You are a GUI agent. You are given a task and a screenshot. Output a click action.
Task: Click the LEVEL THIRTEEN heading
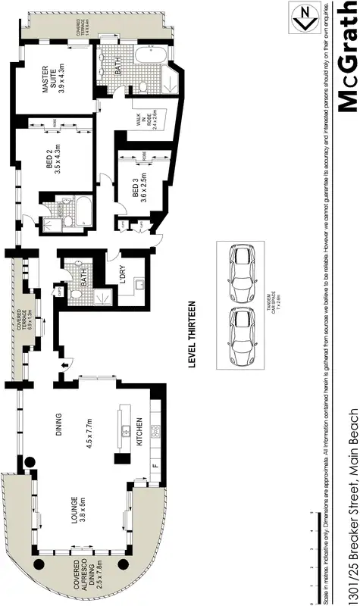[192, 333]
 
